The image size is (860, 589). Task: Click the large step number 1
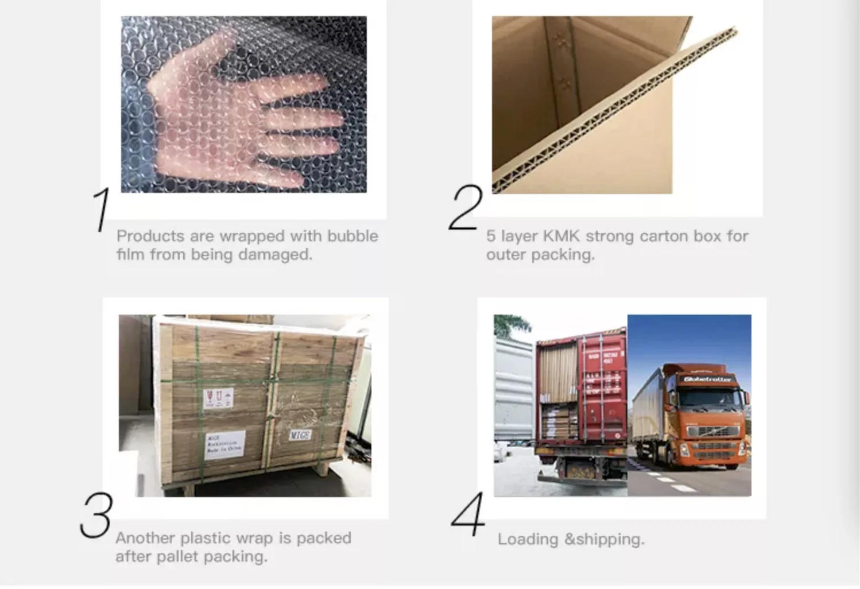[x=102, y=210]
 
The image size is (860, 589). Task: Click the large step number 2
[x=465, y=208]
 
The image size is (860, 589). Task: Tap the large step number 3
[x=96, y=516]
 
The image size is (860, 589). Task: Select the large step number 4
[x=468, y=515]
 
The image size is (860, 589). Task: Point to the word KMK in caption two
[x=561, y=236]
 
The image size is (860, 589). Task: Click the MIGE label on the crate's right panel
[x=300, y=435]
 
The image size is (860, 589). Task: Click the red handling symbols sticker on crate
[x=219, y=398]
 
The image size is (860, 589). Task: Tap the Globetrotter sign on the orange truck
[x=707, y=379]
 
